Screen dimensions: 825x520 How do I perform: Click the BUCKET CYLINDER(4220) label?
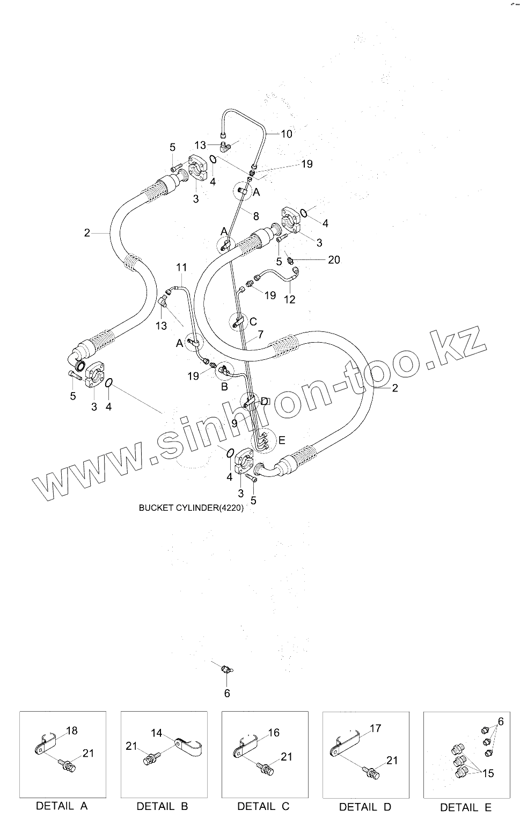click(x=191, y=508)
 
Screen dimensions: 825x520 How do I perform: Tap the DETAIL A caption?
click(x=62, y=806)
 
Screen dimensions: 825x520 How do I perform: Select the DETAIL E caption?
click(x=466, y=807)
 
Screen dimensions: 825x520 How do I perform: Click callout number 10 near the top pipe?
click(x=287, y=134)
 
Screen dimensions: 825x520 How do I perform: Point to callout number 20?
click(x=334, y=260)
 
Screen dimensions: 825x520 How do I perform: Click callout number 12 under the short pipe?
click(x=289, y=299)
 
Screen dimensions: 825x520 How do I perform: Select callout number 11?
click(x=181, y=267)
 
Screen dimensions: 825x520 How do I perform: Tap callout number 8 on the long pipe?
click(x=256, y=216)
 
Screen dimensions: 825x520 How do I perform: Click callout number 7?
click(x=260, y=335)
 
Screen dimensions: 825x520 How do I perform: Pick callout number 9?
click(x=234, y=423)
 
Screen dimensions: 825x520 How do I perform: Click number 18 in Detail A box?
click(x=72, y=730)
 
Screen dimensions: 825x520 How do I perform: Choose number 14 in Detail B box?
click(x=156, y=733)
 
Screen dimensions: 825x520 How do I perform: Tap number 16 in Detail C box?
click(x=274, y=733)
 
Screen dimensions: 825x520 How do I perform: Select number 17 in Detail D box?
click(x=375, y=728)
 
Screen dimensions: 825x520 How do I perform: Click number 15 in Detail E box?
click(x=488, y=773)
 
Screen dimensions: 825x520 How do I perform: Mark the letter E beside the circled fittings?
click(x=281, y=440)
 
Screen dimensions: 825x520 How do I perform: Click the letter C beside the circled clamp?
click(x=253, y=323)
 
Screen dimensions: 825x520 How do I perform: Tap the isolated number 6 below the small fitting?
click(x=227, y=693)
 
